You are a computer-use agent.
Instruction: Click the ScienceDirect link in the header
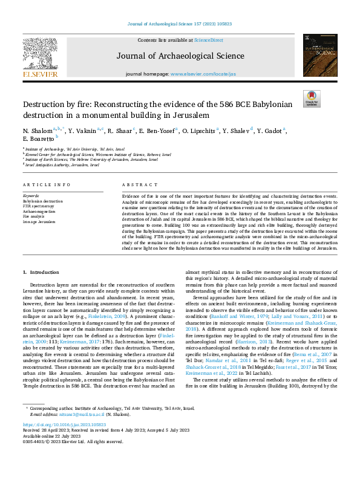tap(208, 40)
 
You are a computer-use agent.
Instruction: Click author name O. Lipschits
tap(196, 131)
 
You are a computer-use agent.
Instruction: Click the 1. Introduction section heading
tap(41, 273)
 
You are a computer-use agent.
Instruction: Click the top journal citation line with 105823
tap(180, 24)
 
